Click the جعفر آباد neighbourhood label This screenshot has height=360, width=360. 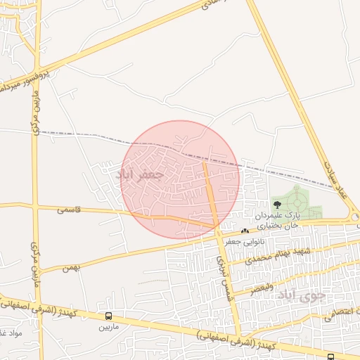tap(143, 174)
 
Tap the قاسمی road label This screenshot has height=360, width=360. tap(69, 210)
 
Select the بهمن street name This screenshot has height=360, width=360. tap(70, 267)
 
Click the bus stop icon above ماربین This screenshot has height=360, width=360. tap(108, 316)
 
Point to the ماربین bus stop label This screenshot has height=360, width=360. tap(108, 327)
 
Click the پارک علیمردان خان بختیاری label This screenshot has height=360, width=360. tap(277, 219)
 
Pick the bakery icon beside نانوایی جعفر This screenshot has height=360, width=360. tap(245, 231)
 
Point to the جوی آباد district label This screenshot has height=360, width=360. tap(302, 295)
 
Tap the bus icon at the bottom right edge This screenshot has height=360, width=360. tap(330, 356)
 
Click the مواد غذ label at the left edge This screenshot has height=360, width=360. tap(11, 333)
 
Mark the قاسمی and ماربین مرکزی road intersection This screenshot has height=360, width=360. tap(35, 207)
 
